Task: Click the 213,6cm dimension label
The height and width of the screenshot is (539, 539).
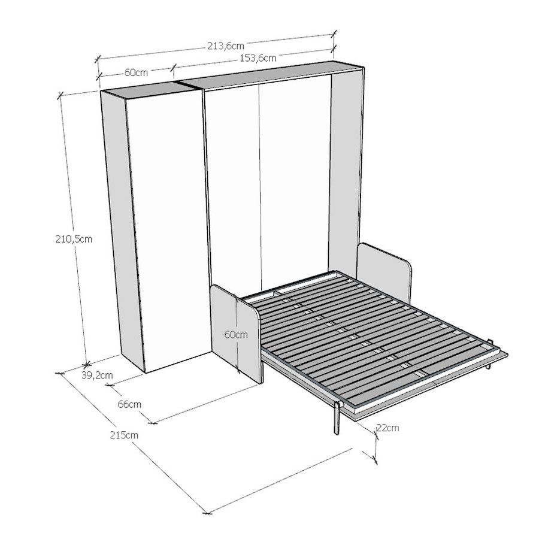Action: click(x=226, y=46)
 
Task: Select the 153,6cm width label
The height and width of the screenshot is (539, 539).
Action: click(x=258, y=58)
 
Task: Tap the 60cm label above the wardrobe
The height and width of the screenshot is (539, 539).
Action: click(x=136, y=72)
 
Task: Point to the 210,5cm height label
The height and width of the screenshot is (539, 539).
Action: click(x=74, y=239)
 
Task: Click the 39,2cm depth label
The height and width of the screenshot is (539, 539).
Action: click(x=97, y=376)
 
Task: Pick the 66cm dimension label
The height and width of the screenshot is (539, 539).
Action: click(x=129, y=404)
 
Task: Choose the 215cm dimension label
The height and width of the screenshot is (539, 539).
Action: click(x=124, y=435)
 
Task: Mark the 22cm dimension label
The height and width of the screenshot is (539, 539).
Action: click(x=387, y=428)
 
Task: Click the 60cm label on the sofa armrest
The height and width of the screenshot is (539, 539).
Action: click(x=236, y=334)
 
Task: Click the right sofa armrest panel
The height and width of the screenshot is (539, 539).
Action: click(x=384, y=271)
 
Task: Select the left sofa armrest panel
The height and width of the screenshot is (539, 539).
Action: click(x=237, y=333)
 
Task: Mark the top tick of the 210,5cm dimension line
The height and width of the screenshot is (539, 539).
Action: click(x=60, y=95)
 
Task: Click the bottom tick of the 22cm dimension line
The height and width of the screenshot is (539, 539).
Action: click(x=376, y=459)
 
